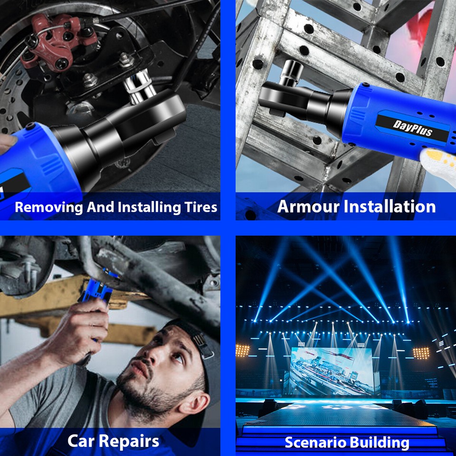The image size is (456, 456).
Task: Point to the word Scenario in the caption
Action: tap(313, 443)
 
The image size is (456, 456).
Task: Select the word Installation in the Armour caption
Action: tap(389, 207)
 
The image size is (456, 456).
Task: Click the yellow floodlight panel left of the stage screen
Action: tap(243, 351)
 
